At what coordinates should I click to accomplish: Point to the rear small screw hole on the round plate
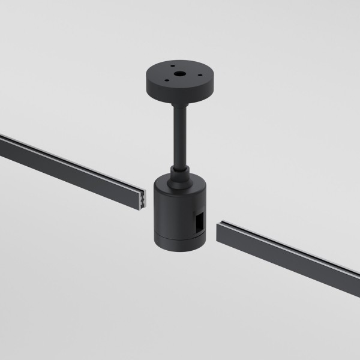(172, 67)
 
